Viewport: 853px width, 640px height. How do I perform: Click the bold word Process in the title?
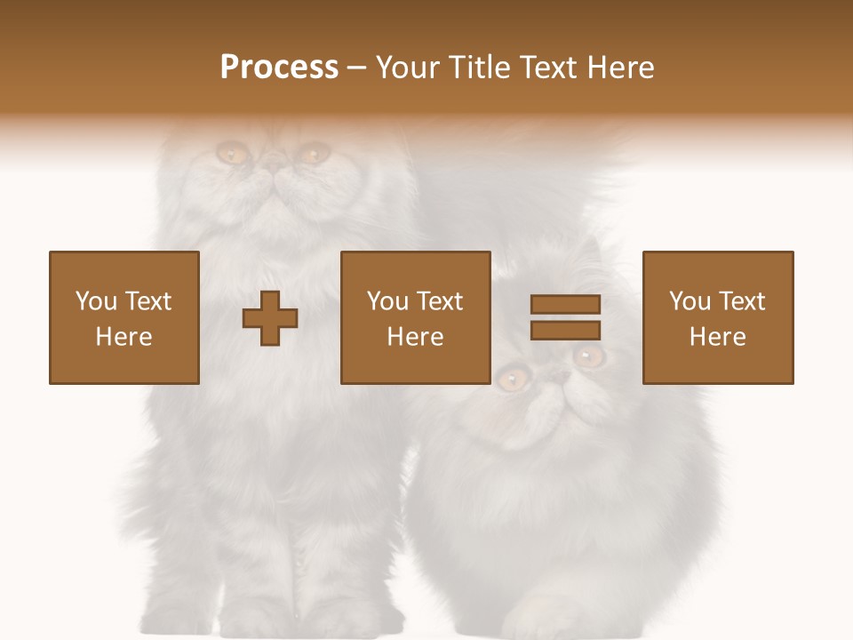pyautogui.click(x=279, y=68)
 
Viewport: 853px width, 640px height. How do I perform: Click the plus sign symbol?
pyautogui.click(x=270, y=318)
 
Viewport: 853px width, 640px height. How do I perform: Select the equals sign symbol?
pyautogui.click(x=565, y=317)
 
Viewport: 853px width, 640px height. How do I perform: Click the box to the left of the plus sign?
pyautogui.click(x=124, y=318)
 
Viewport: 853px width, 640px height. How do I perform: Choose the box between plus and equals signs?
pyautogui.click(x=415, y=318)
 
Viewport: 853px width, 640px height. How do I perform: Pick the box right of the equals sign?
pyautogui.click(x=717, y=318)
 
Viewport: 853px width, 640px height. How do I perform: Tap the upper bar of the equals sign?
pyautogui.click(x=565, y=305)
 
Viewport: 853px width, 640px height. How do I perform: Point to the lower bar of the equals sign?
pyautogui.click(x=565, y=331)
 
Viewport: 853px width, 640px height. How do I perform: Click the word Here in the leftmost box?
pyautogui.click(x=124, y=337)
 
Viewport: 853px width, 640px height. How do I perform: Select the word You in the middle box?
pyautogui.click(x=387, y=301)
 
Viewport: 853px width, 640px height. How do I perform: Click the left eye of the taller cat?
pyautogui.click(x=233, y=154)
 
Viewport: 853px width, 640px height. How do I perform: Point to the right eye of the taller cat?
pyautogui.click(x=312, y=154)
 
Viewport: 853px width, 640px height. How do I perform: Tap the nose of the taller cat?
pyautogui.click(x=274, y=166)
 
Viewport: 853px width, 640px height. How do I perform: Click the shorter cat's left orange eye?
pyautogui.click(x=510, y=380)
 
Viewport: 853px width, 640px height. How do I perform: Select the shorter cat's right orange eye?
pyautogui.click(x=588, y=356)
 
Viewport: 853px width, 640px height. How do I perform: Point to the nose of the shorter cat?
pyautogui.click(x=557, y=377)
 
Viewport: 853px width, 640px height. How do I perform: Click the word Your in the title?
pyautogui.click(x=410, y=68)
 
